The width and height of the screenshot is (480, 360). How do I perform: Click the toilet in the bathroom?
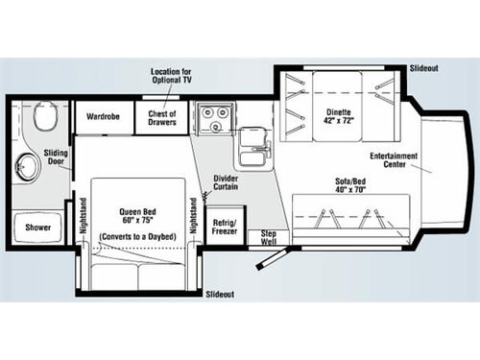[42, 119]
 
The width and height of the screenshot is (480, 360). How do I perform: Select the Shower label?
[38, 228]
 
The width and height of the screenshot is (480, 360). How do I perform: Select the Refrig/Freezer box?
[225, 228]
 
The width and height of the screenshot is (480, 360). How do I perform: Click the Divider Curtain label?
[228, 182]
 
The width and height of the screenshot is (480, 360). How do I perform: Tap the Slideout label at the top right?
[423, 69]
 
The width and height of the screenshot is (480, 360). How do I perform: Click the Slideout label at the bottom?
[224, 294]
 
